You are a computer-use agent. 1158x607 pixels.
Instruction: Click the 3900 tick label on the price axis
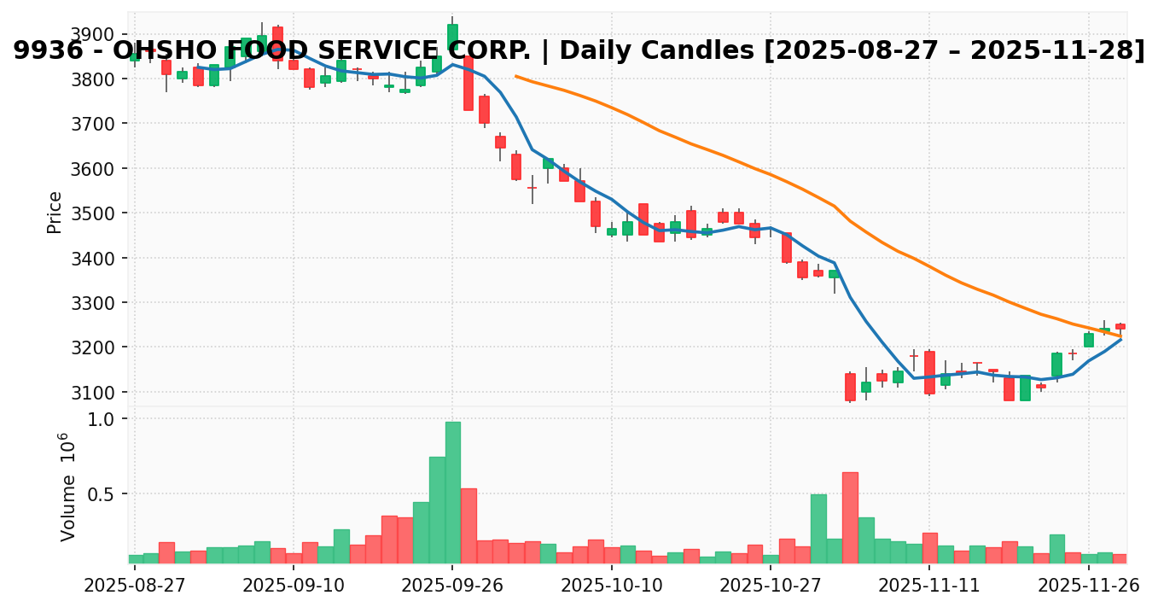tap(96, 35)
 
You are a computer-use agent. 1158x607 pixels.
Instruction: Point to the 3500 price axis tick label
tap(96, 213)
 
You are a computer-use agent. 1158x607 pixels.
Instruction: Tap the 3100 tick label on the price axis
tap(96, 393)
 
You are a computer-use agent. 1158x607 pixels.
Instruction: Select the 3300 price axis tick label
tap(96, 303)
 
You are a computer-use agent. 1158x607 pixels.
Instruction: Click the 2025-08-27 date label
tap(135, 587)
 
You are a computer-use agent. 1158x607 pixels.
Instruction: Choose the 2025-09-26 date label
tap(452, 587)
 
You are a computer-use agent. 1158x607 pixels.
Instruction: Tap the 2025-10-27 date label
tap(770, 587)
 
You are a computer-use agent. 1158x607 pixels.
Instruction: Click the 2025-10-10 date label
tap(611, 587)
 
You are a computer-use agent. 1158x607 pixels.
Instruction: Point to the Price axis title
tap(55, 212)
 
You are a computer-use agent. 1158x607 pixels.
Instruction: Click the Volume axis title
tap(67, 487)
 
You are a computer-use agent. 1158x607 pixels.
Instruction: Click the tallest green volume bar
tap(452, 492)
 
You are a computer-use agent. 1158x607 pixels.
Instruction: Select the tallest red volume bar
tap(850, 517)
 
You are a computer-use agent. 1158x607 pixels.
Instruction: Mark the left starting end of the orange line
tap(515, 76)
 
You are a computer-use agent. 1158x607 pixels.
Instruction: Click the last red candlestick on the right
tap(1120, 326)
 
